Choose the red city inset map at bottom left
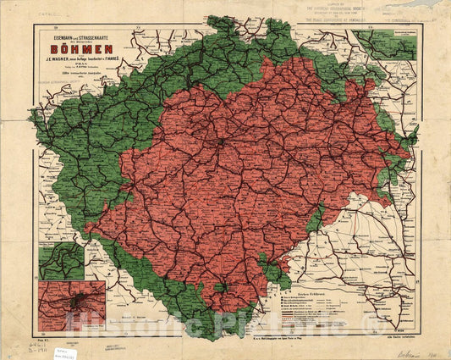(72, 305)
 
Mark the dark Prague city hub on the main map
(222, 143)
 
